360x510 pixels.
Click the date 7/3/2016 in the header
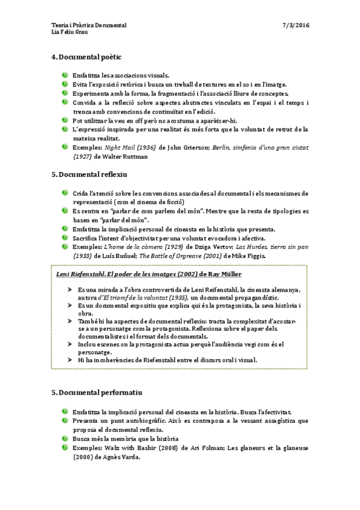click(296, 25)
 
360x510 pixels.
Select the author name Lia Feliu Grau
click(71, 32)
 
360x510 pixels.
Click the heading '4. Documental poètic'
click(87, 57)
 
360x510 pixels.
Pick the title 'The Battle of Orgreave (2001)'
click(184, 256)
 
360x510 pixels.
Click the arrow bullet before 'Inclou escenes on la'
click(70, 345)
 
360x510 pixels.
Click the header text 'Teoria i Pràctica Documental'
click(90, 25)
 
